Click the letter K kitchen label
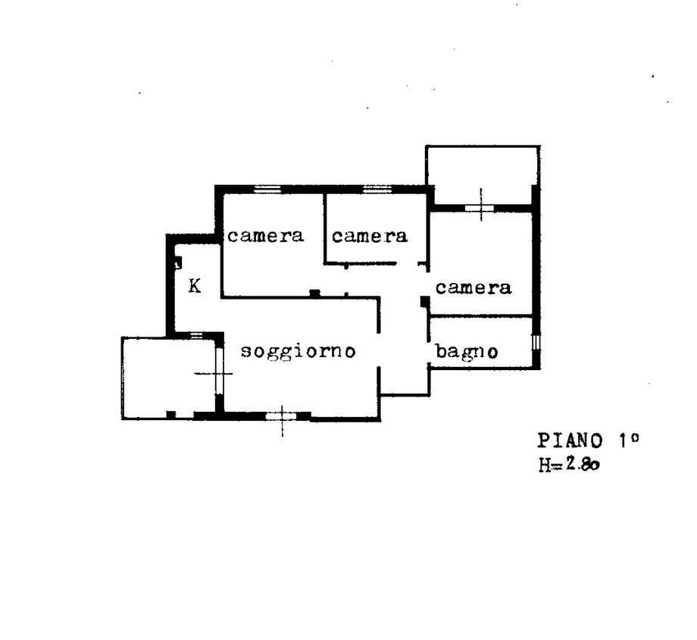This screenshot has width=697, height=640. [x=195, y=286]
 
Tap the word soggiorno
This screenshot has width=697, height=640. [x=298, y=352]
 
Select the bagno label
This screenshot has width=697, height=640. [x=466, y=352]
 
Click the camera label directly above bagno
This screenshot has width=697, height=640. [x=473, y=287]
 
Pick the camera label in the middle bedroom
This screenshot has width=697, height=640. [x=370, y=236]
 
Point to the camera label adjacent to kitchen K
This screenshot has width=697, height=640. [x=265, y=235]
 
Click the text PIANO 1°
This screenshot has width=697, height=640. [x=588, y=441]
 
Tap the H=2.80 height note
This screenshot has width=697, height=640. [x=570, y=465]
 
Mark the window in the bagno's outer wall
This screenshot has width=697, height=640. [x=536, y=343]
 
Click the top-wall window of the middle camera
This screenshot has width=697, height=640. [x=377, y=189]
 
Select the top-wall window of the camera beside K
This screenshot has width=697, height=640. [x=267, y=189]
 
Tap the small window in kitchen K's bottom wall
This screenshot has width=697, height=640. [x=196, y=334]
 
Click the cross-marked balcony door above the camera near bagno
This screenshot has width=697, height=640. [x=480, y=208]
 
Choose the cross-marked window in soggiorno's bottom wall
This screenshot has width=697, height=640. [x=281, y=416]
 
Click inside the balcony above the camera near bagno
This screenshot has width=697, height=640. [x=483, y=174]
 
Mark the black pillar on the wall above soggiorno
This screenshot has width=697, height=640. [x=314, y=293]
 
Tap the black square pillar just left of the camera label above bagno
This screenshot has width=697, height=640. [x=424, y=302]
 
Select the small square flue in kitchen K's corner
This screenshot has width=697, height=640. [x=178, y=263]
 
